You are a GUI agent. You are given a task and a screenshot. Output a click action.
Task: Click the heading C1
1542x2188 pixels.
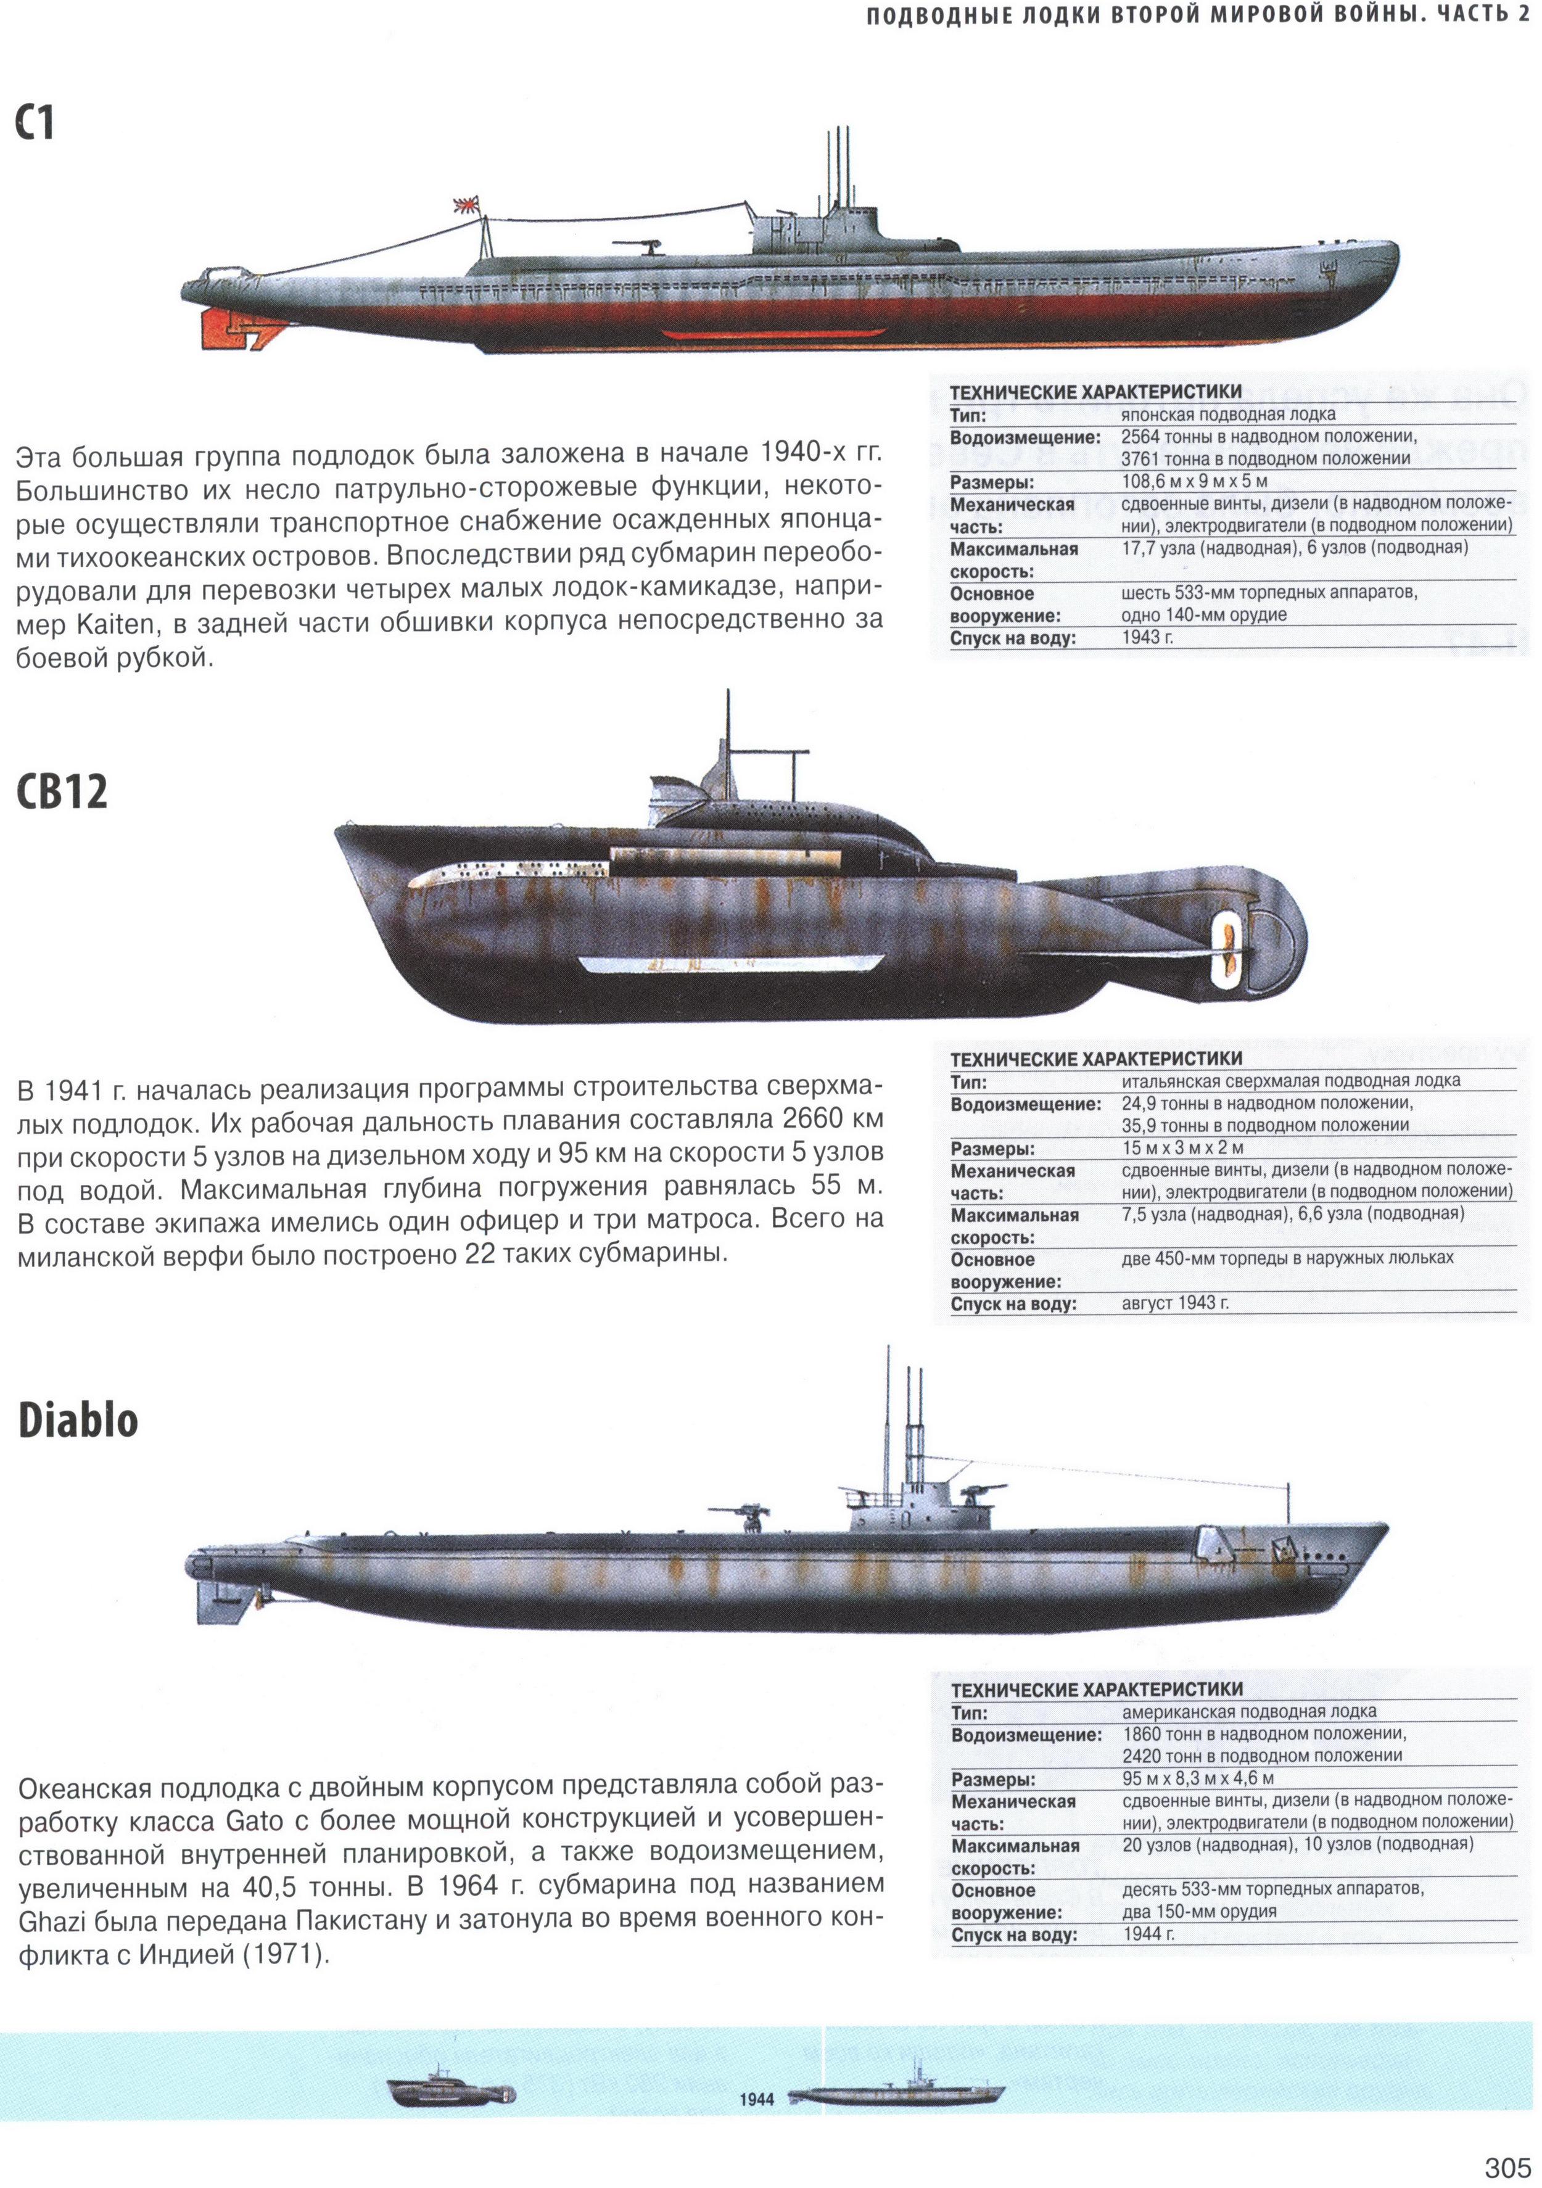coord(35,124)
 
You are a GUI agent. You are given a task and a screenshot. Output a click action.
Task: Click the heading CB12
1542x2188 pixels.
coord(62,791)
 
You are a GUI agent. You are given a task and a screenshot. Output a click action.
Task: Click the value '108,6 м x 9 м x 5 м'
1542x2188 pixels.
coord(1194,481)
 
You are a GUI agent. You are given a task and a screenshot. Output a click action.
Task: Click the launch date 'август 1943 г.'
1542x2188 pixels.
coord(1175,1302)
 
